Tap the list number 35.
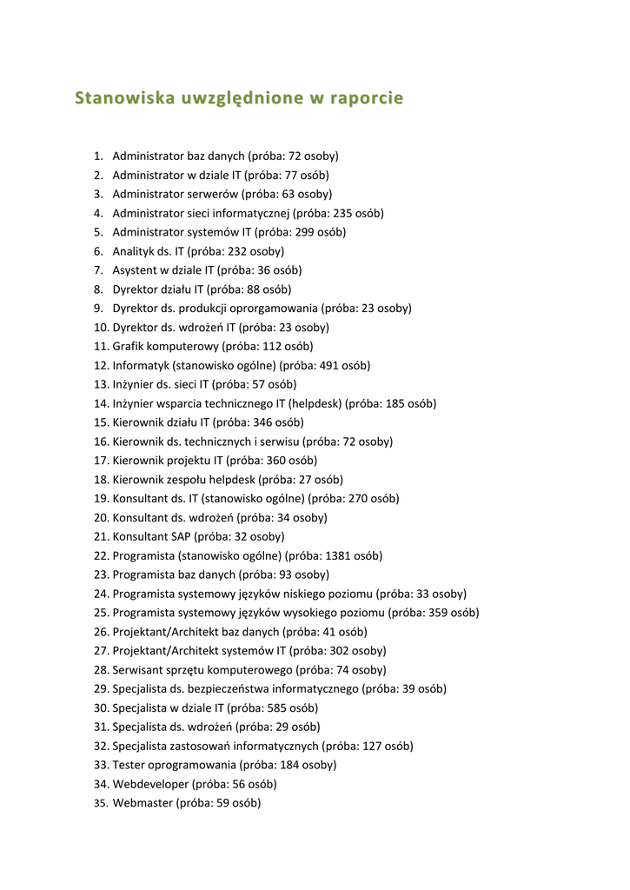[100, 803]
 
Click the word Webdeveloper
[150, 784]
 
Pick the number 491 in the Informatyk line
[330, 365]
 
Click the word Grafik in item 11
[129, 346]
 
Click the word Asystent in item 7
[135, 270]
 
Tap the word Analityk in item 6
[134, 251]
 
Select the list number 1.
[98, 156]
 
